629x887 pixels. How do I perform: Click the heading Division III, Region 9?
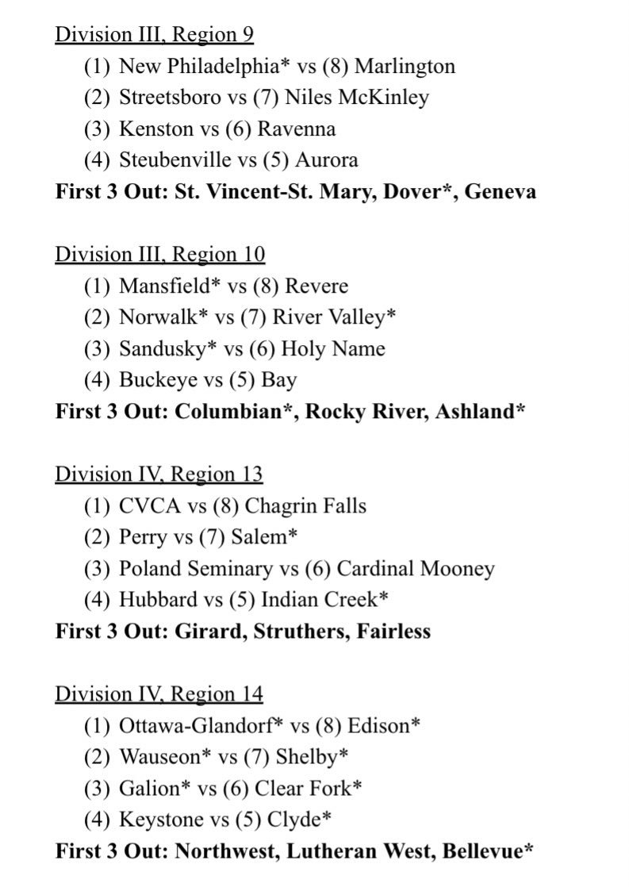click(154, 35)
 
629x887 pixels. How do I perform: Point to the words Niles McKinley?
click(356, 98)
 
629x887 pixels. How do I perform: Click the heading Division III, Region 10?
click(159, 255)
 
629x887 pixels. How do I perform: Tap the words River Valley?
click(329, 317)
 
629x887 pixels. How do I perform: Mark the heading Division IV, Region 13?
click(159, 474)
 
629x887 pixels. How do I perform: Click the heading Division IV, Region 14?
click(159, 694)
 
